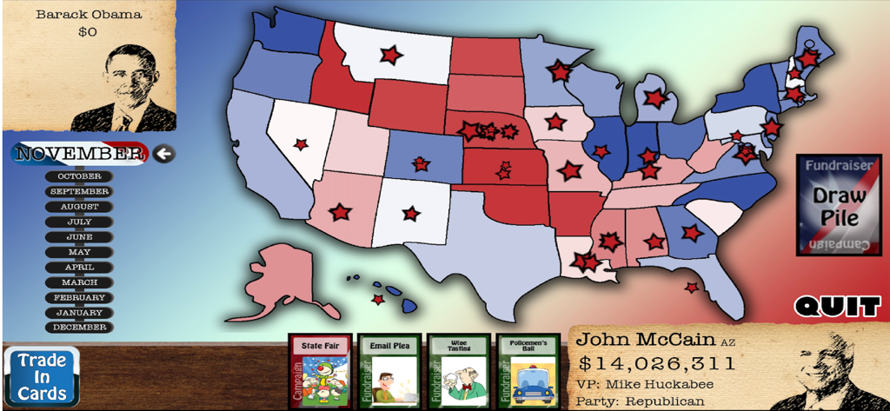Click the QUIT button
(x=837, y=306)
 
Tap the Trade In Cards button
(x=41, y=375)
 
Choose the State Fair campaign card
(x=318, y=371)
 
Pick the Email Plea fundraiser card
(x=389, y=371)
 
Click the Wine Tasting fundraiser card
(x=458, y=371)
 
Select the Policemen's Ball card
(x=528, y=371)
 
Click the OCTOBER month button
(x=79, y=176)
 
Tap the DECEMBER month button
(x=79, y=328)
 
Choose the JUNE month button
(x=79, y=237)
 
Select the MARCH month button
(x=79, y=282)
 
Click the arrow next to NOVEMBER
(x=163, y=155)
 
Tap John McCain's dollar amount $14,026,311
(x=656, y=363)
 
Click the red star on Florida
(x=691, y=287)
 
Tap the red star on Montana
(x=391, y=55)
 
